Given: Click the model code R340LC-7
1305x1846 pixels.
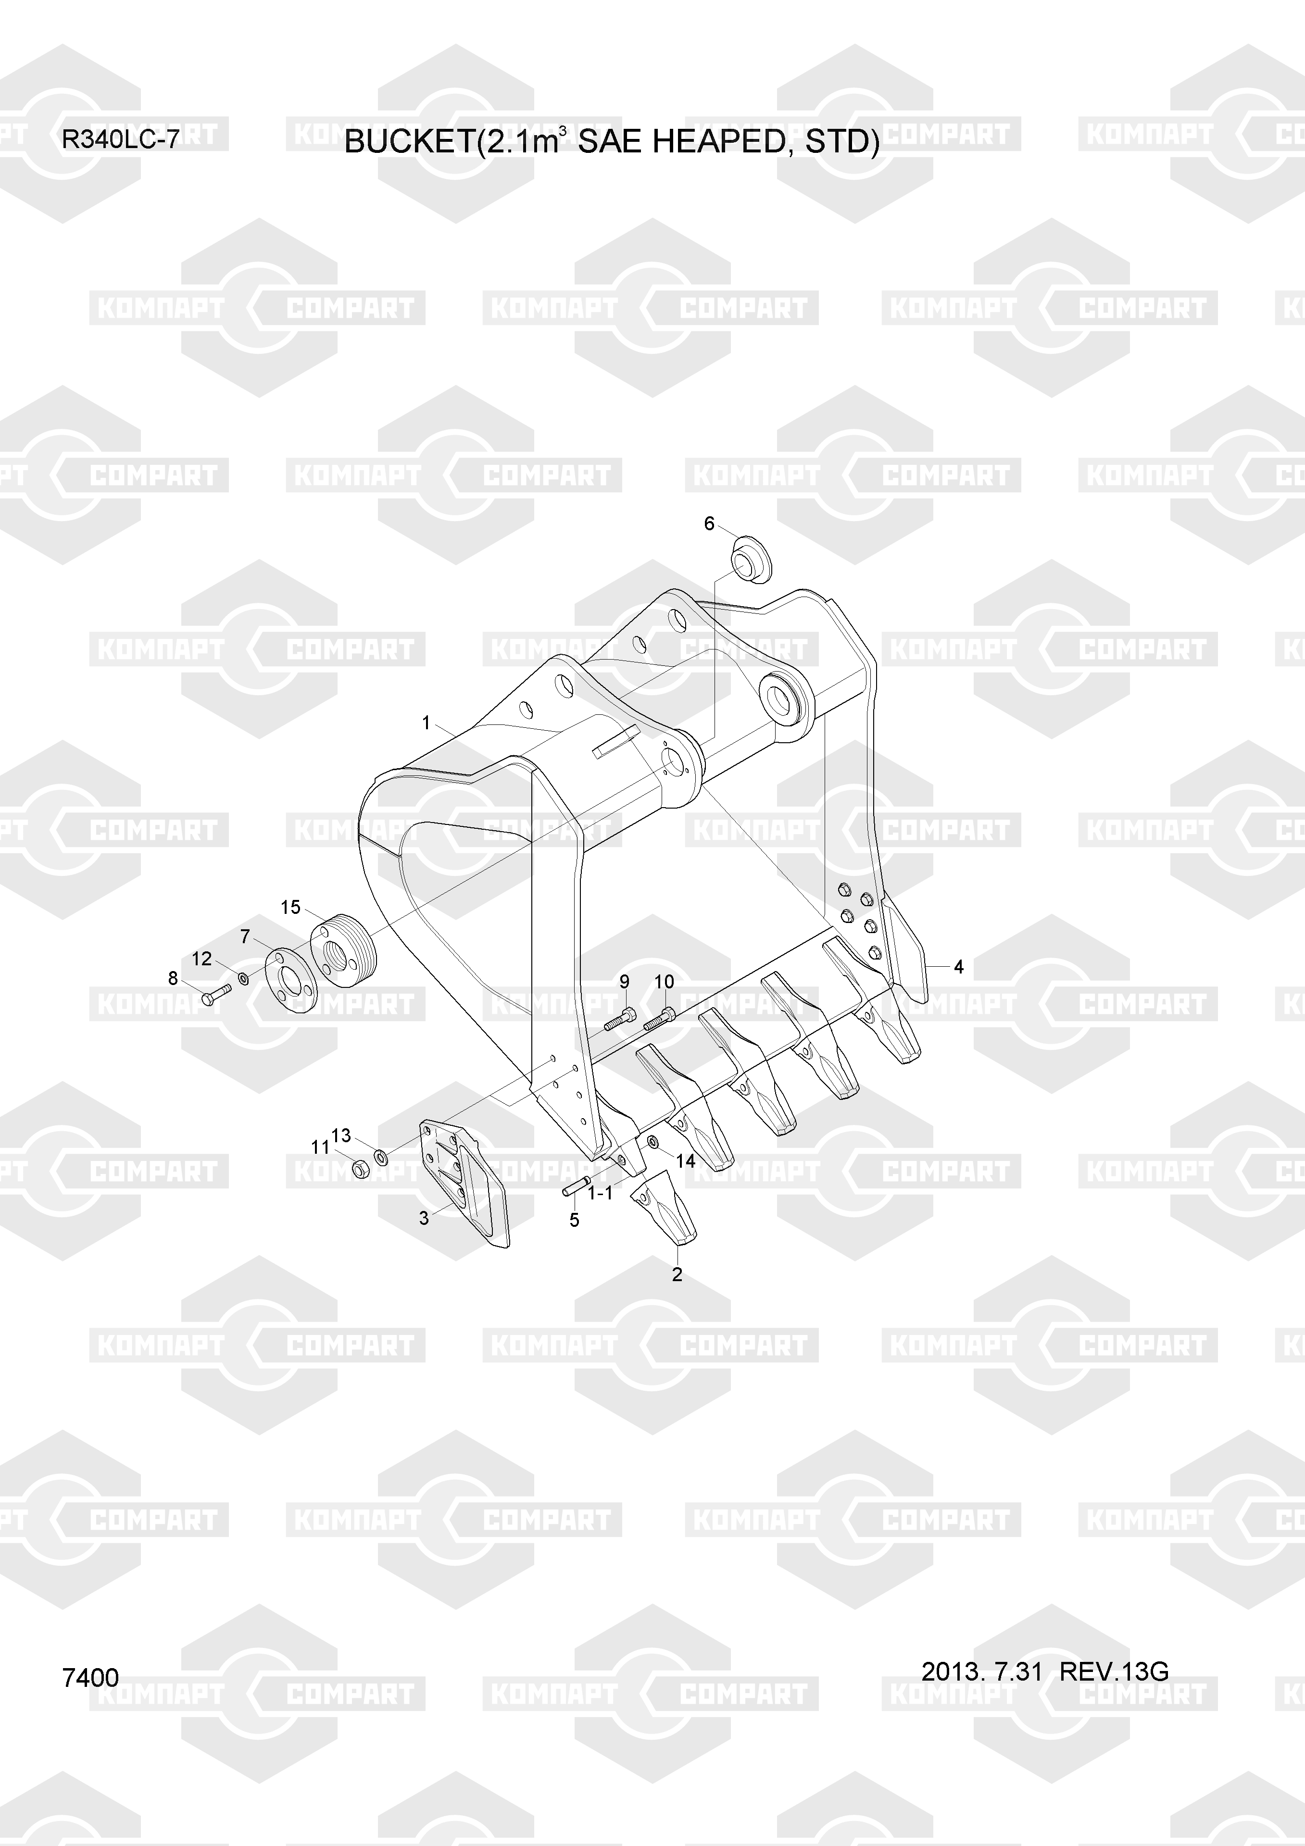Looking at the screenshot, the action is click(x=121, y=141).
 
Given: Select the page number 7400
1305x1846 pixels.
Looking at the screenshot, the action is click(x=90, y=1678).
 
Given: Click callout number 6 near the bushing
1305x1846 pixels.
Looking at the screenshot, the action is click(x=709, y=524).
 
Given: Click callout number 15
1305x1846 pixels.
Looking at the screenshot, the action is click(x=290, y=908).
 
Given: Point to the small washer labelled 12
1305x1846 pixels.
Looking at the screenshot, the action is click(x=243, y=978).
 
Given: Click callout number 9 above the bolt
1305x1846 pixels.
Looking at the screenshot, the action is click(x=624, y=982).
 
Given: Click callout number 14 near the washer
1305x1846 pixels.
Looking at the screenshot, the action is click(x=685, y=1161).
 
